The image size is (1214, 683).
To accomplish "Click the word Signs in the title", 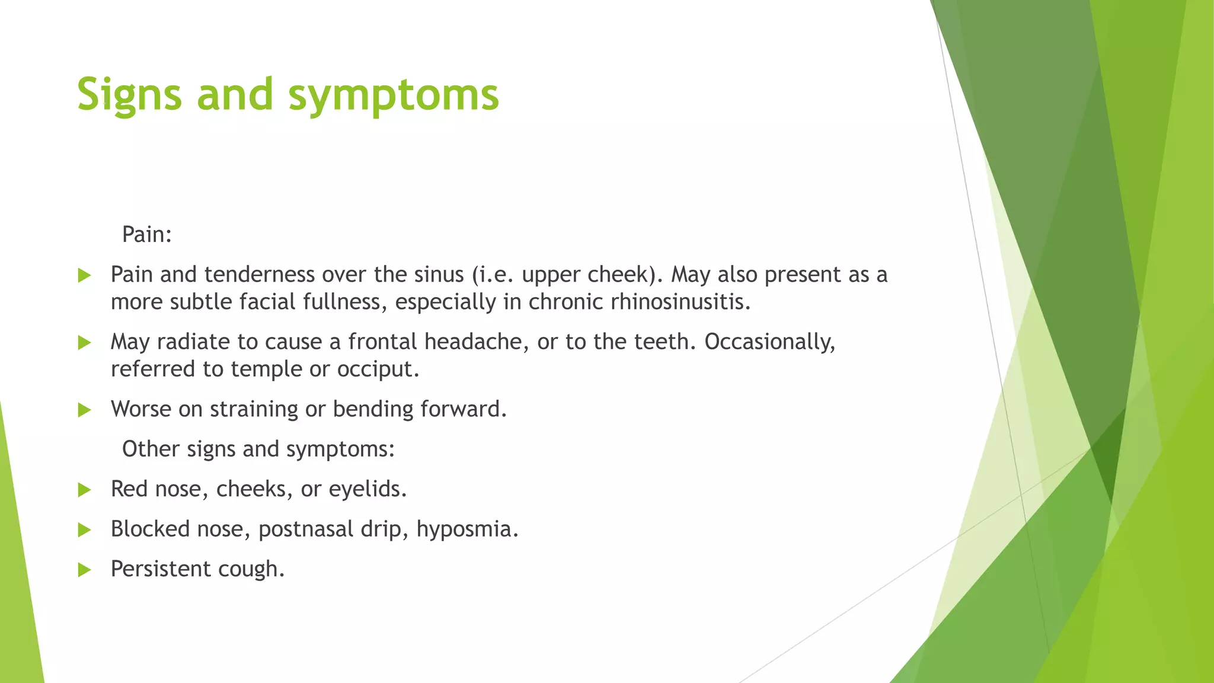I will coord(129,95).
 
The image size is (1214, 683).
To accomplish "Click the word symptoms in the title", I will coord(394,95).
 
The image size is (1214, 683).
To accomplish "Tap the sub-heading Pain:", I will coord(147,235).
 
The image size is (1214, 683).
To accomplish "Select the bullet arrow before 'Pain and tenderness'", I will coord(84,275).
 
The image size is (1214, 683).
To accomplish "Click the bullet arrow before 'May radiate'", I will coord(84,343).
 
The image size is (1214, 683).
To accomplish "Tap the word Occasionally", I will coord(769,342).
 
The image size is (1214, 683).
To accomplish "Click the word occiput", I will coord(378,369).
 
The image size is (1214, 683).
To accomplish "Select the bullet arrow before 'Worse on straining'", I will coord(84,410).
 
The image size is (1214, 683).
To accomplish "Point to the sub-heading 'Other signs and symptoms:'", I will coord(258,449).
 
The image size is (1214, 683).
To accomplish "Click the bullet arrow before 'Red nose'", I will coord(84,490).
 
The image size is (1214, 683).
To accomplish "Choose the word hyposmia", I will coord(467,529).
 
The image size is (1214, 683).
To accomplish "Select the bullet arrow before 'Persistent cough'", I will coord(84,570).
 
